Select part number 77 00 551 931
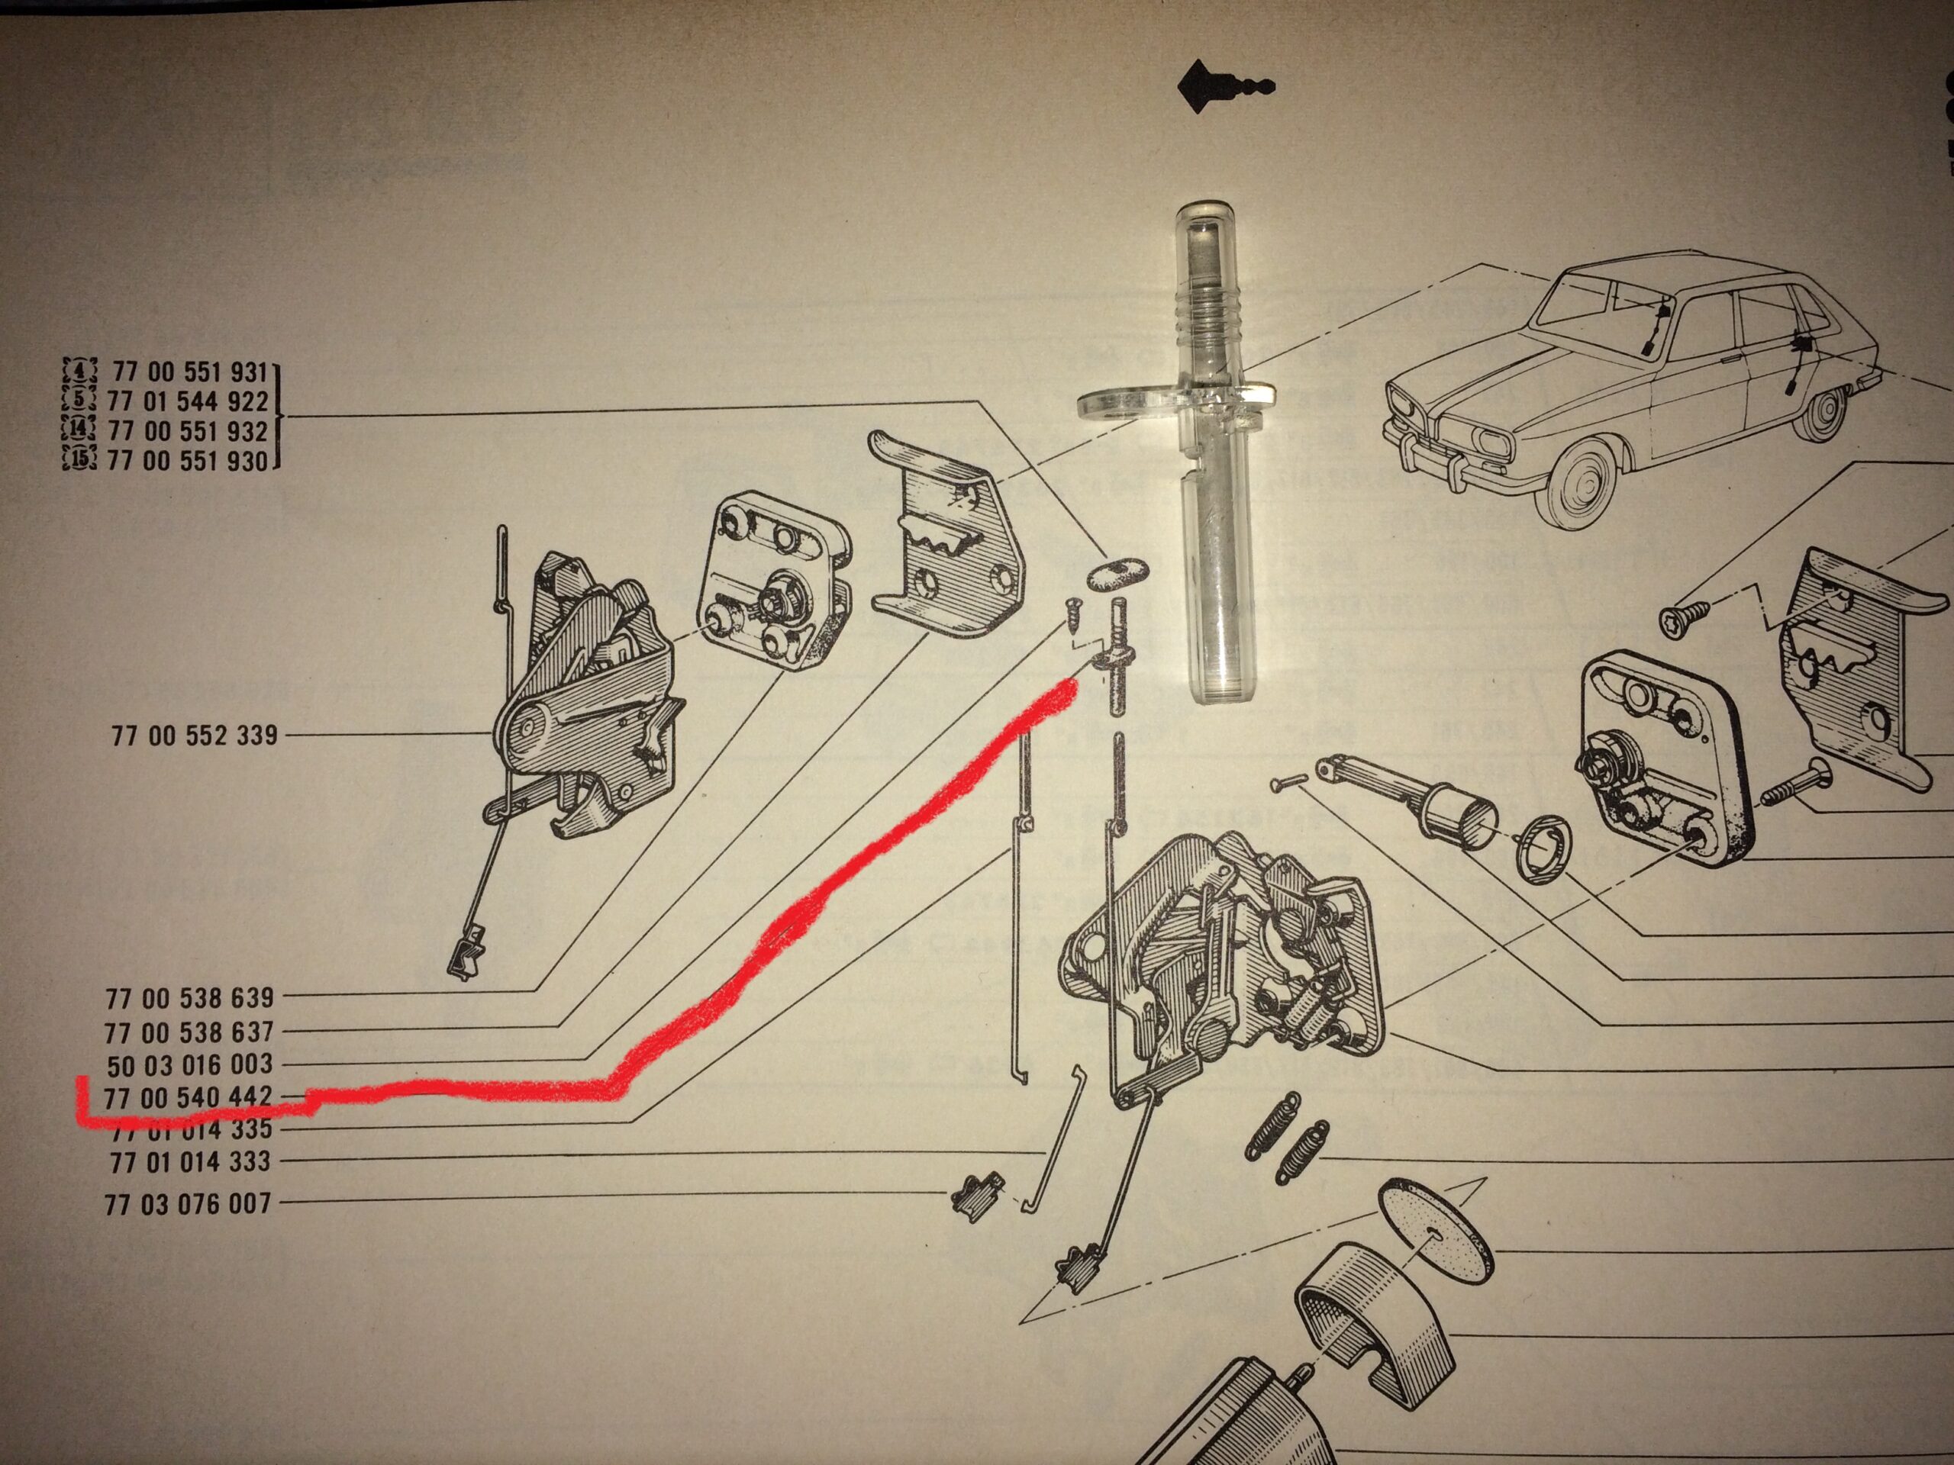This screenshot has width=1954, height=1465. (x=189, y=372)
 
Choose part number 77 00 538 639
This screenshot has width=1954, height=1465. (x=190, y=998)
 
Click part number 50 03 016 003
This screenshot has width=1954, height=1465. (x=190, y=1065)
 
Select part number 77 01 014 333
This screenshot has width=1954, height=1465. (x=190, y=1162)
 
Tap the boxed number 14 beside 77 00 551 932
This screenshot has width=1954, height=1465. (x=79, y=431)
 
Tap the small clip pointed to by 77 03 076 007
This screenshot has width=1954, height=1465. (x=975, y=1197)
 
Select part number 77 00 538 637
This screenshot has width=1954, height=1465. (x=189, y=1032)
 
